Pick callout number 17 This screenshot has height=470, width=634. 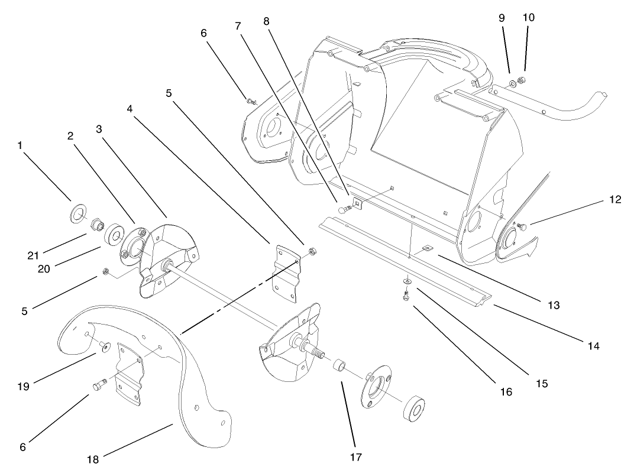pyautogui.click(x=355, y=456)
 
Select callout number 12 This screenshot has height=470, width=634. pyautogui.click(x=614, y=199)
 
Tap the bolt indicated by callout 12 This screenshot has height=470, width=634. pyautogui.click(x=521, y=226)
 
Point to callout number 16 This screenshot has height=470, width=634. pyautogui.click(x=506, y=391)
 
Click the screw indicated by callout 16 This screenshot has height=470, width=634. pyautogui.click(x=406, y=294)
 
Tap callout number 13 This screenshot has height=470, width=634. pyautogui.click(x=552, y=306)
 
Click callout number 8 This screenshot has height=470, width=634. pyautogui.click(x=266, y=21)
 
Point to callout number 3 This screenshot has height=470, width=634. pyautogui.click(x=99, y=128)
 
